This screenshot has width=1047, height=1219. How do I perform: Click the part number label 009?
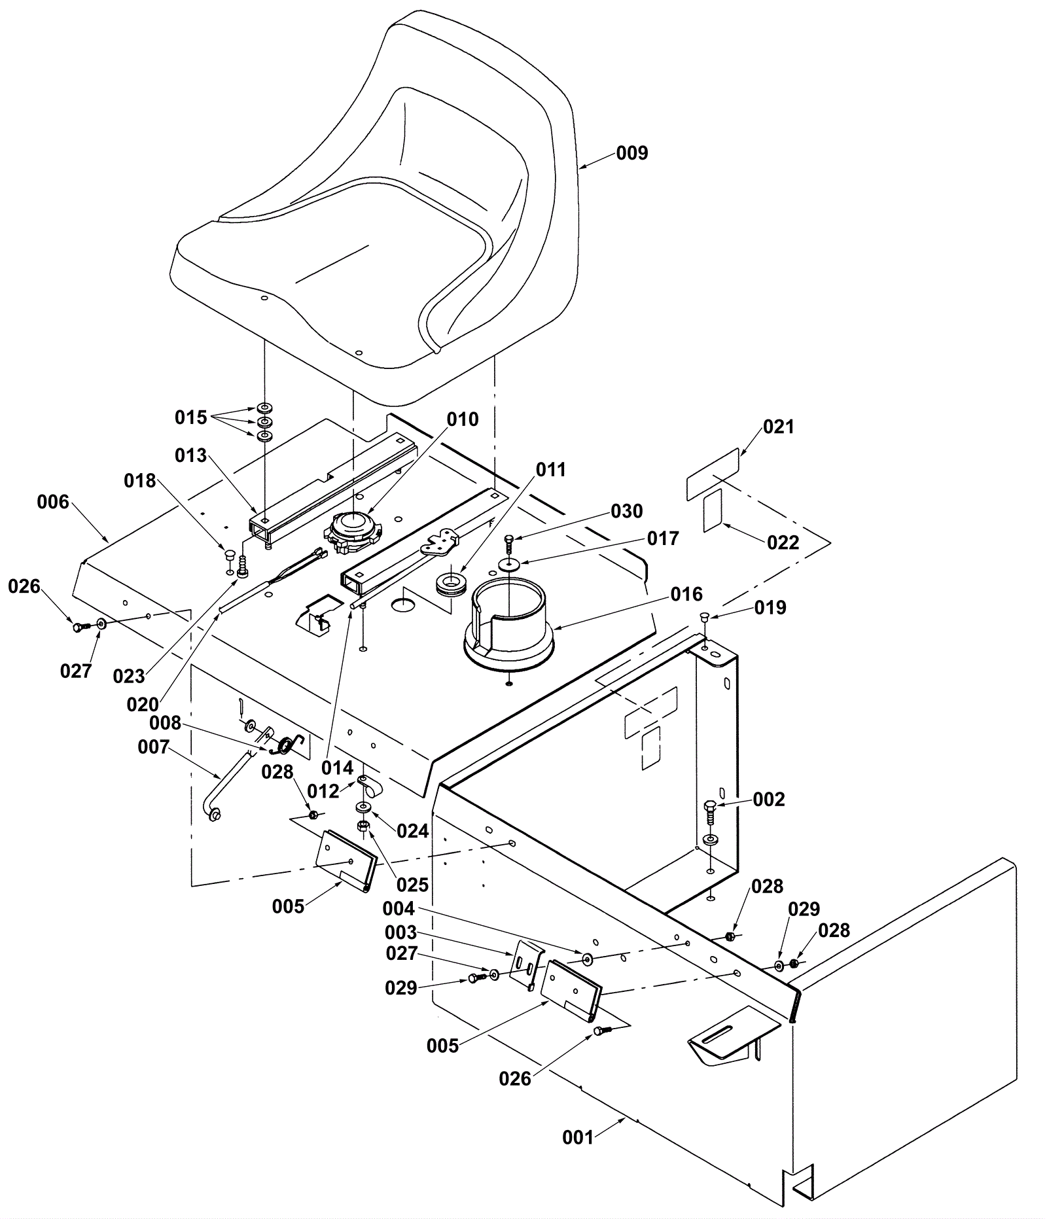click(632, 153)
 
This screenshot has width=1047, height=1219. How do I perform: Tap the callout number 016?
click(687, 594)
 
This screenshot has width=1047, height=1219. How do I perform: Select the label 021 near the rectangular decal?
click(779, 427)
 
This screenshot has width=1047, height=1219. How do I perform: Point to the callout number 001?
click(578, 1138)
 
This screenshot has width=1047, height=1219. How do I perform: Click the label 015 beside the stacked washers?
click(190, 417)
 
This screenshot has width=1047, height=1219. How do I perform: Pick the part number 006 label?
click(53, 502)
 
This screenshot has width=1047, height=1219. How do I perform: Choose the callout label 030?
click(627, 511)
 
